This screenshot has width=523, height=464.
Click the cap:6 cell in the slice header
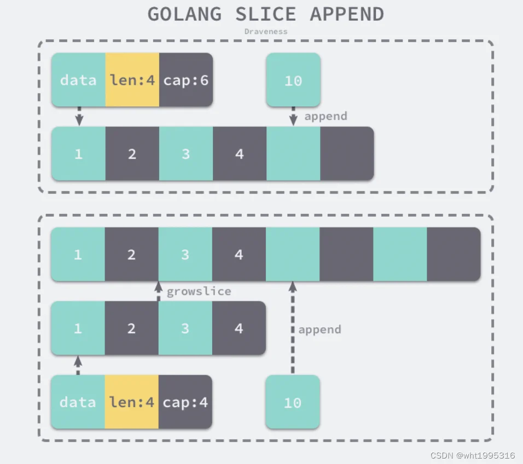point(185,80)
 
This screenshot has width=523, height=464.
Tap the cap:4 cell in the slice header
point(185,402)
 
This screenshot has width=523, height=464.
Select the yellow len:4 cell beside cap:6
point(132,80)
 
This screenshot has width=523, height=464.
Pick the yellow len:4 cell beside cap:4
point(132,402)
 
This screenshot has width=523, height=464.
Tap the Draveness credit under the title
point(265,31)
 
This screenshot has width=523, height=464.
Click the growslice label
point(199,291)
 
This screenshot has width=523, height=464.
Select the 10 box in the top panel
point(293,80)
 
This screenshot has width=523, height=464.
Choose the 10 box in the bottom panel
point(293,403)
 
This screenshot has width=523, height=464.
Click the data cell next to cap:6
point(78,80)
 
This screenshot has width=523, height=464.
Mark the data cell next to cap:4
point(78,402)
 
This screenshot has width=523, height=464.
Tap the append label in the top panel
point(326,116)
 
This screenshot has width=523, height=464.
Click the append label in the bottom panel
point(319,329)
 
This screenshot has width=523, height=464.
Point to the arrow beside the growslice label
point(159,291)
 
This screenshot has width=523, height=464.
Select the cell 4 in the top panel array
point(239,154)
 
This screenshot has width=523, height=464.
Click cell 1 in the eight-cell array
point(78,254)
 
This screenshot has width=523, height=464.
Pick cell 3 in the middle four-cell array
point(185,328)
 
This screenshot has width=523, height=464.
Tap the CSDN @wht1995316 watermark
point(473,455)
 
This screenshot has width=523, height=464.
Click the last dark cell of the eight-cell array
point(454,254)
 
